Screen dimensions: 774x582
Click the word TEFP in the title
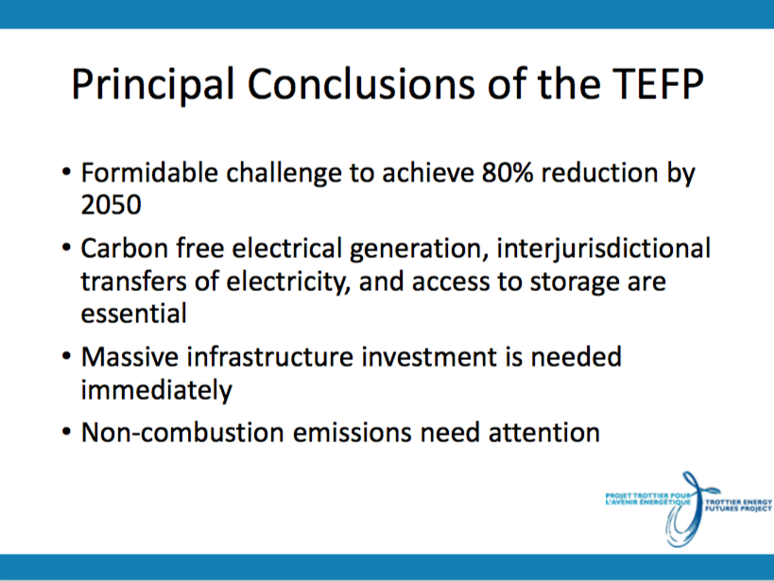[658, 84]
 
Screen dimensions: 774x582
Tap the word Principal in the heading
[153, 85]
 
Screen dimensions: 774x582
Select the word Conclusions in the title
[361, 84]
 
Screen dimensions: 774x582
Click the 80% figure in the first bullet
[507, 173]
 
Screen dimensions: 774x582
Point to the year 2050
[112, 204]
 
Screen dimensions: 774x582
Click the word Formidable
[149, 173]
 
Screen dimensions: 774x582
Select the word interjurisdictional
[604, 248]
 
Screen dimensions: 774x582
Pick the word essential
[134, 314]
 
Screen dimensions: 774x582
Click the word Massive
[129, 356]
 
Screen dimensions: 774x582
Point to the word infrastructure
[270, 356]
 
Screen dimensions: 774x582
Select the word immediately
[156, 390]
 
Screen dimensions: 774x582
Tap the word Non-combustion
[182, 432]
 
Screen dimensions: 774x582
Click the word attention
[544, 432]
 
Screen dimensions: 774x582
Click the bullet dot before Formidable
[66, 173]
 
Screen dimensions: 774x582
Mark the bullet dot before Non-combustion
[66, 433]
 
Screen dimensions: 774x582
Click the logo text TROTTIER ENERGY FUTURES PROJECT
[738, 505]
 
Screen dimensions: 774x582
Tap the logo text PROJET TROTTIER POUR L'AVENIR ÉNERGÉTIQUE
[647, 499]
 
